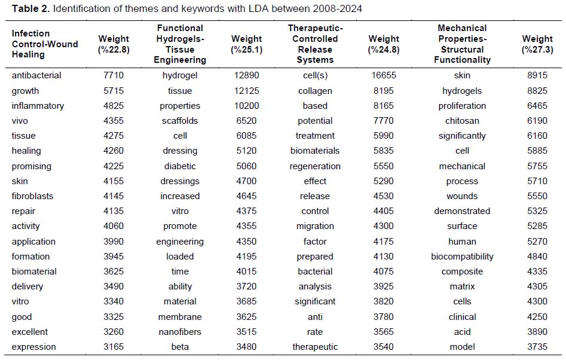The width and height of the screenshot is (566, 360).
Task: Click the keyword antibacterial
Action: coord(36,75)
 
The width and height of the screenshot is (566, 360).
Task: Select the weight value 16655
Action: coord(383,75)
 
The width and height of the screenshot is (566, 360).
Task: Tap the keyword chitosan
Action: coord(462,121)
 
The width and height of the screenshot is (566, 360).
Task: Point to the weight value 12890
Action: coord(247,75)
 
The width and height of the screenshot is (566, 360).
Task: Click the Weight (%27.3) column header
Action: coord(537,44)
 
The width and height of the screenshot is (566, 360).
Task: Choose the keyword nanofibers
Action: coord(180,332)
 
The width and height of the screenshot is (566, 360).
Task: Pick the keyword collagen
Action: coord(315,91)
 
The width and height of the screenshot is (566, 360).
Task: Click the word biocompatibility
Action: coord(462,257)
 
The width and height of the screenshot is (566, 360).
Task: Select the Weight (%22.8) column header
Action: coord(114,44)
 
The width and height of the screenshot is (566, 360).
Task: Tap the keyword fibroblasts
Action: coord(32,196)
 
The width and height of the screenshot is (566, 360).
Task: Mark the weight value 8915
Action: coord(537,75)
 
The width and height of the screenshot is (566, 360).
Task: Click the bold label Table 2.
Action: coord(30,8)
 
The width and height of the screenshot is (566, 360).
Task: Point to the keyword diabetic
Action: coord(180,166)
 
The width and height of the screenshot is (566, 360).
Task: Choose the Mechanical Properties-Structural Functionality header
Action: coord(462,44)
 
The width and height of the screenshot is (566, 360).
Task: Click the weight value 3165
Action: coord(114,347)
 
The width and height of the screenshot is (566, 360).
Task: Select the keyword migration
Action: coord(315,227)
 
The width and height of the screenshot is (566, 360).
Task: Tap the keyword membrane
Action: coord(180,317)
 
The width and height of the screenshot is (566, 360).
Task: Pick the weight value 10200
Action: coord(247,106)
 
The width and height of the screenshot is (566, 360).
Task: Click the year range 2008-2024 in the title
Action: coord(338,8)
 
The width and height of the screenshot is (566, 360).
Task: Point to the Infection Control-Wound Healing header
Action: coord(45,44)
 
